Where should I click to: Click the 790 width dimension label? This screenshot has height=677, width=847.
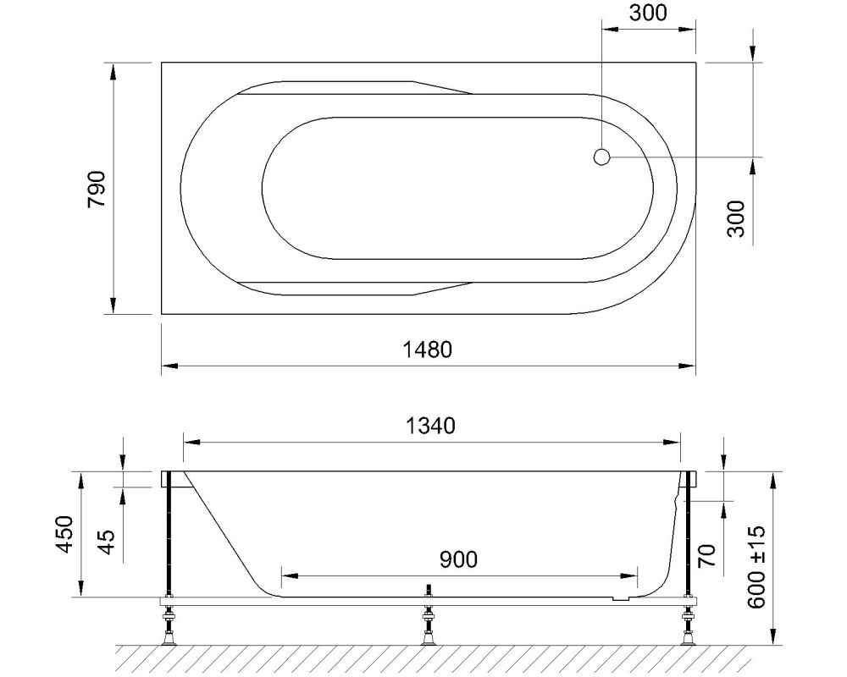pos(97,188)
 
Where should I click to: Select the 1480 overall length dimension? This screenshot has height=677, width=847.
pos(428,350)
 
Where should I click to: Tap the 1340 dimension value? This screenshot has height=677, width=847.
pos(432,426)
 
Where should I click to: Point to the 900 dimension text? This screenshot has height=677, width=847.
pos(458,559)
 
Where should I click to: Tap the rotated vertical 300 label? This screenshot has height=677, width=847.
pos(735,218)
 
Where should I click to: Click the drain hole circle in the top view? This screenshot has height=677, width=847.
pos(601,157)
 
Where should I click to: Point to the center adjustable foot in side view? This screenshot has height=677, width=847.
pos(429,627)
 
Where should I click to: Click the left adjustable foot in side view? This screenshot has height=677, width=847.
pos(170,627)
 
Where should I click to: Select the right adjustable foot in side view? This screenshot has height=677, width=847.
pos(687,627)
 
